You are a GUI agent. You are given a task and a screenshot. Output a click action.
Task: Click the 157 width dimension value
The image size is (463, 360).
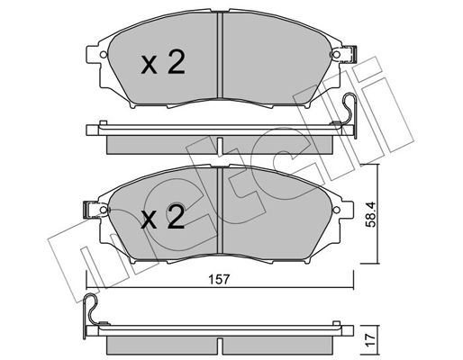coord(219,280)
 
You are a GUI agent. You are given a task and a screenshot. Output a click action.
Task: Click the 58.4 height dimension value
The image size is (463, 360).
coord(371,215)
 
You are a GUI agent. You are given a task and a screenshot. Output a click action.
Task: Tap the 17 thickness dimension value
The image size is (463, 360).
coord(371,340)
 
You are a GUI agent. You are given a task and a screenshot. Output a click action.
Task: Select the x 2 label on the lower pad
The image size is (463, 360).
coord(163,217)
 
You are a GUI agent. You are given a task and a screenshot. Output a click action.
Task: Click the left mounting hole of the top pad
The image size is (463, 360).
coord(104,55)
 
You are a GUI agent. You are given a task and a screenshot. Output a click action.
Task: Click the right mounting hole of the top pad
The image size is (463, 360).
coord(337,55)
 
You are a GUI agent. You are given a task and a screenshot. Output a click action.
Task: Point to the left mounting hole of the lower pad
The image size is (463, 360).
coord(104,210)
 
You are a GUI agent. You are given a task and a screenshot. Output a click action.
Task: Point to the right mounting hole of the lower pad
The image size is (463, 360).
coord(337,210)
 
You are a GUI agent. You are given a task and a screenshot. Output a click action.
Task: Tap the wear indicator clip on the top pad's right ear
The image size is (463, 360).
coord(349,55)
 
